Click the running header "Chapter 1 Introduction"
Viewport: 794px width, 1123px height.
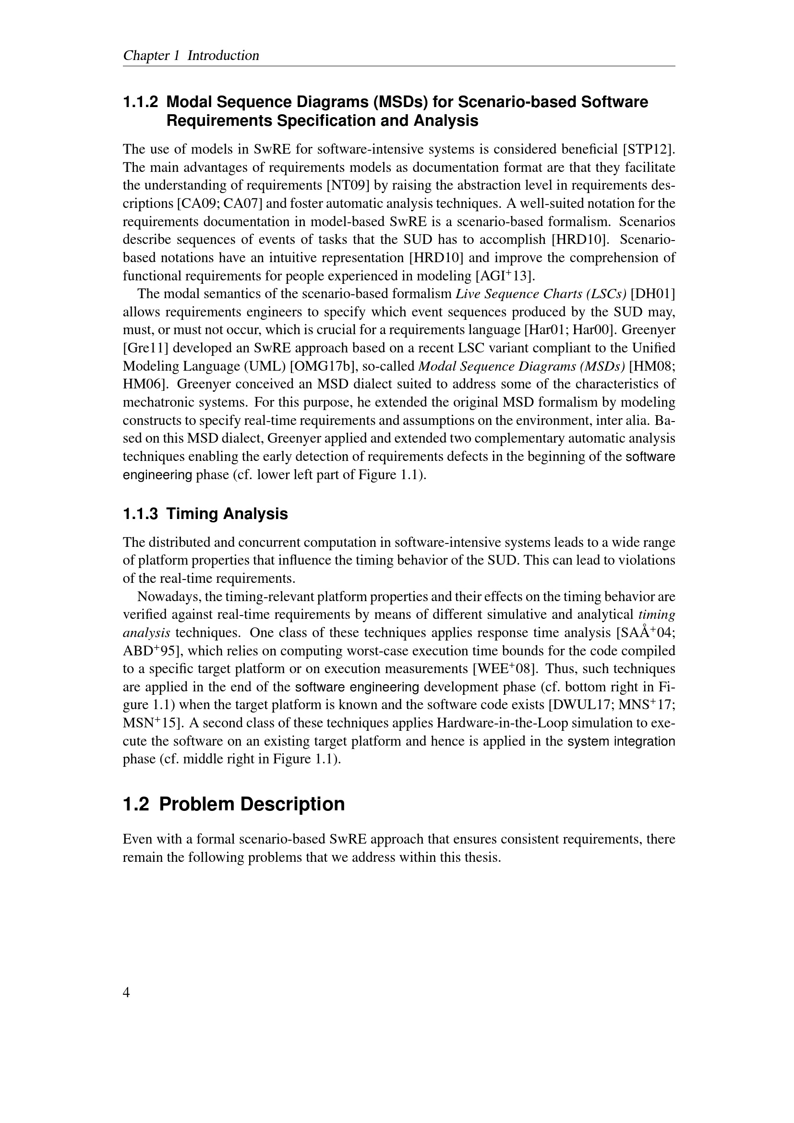(191, 56)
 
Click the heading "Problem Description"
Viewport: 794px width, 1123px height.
(252, 804)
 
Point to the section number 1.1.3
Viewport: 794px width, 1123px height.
(140, 514)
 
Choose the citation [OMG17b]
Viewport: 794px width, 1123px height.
(323, 366)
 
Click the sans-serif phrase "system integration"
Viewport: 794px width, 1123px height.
(621, 741)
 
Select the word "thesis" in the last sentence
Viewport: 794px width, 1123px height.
(481, 857)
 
